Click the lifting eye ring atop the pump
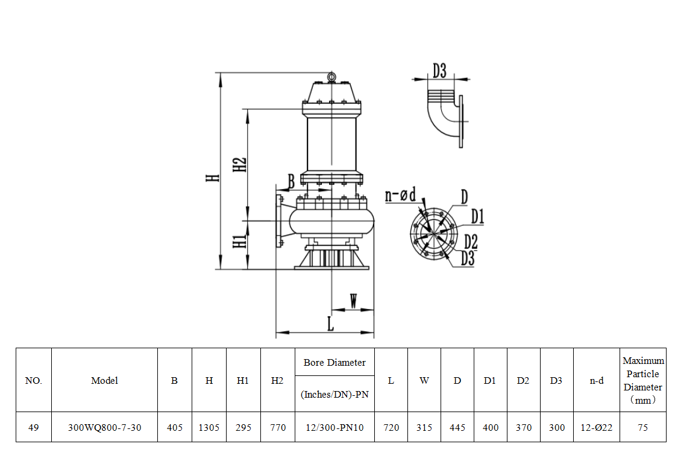click(331, 77)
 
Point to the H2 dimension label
click(240, 165)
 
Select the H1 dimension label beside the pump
click(240, 242)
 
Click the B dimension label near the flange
click(291, 181)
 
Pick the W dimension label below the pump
click(353, 301)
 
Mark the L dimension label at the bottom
click(330, 324)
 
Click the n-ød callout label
click(400, 195)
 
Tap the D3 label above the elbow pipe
click(439, 70)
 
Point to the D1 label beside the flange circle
click(477, 216)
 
